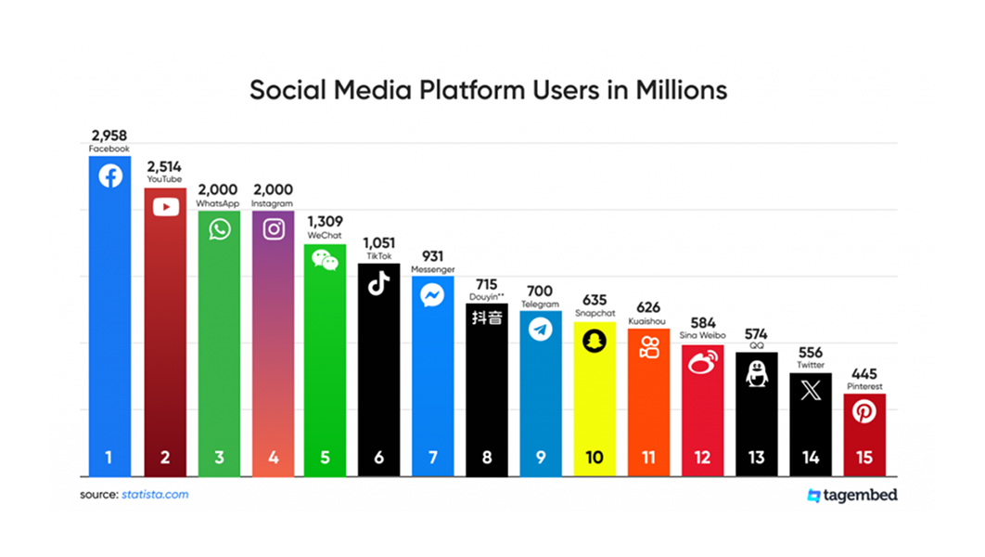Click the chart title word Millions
click(x=681, y=91)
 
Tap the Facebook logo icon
click(x=110, y=175)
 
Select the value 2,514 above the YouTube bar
click(x=164, y=167)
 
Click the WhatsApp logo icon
click(x=219, y=228)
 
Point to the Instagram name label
click(x=273, y=203)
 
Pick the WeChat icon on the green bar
click(x=325, y=260)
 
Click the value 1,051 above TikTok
click(x=378, y=242)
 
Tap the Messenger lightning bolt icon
click(x=432, y=295)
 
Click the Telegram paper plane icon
click(x=540, y=329)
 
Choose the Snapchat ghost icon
click(x=594, y=342)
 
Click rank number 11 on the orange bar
click(x=647, y=458)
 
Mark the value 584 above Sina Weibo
click(x=702, y=323)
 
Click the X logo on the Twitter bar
click(x=811, y=391)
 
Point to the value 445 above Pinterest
click(x=863, y=374)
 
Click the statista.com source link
click(x=155, y=495)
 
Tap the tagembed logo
click(x=852, y=495)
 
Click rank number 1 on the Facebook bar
click(x=109, y=458)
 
